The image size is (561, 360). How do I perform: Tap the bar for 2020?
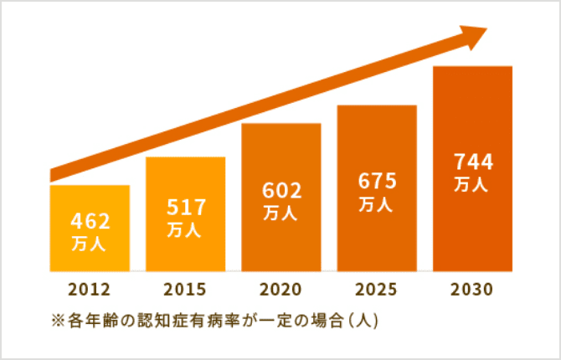tap(281, 243)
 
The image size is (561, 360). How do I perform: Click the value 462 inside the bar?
tap(90, 222)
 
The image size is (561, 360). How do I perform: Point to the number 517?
tap(185, 206)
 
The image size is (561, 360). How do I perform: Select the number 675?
tap(377, 181)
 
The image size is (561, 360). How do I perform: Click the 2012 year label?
tap(90, 291)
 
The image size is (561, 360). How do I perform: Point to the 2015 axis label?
tap(185, 291)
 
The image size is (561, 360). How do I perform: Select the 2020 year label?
tap(281, 291)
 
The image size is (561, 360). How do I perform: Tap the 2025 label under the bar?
tap(377, 291)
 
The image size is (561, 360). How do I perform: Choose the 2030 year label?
tap(472, 291)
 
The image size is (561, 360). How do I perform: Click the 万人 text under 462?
tap(90, 244)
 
